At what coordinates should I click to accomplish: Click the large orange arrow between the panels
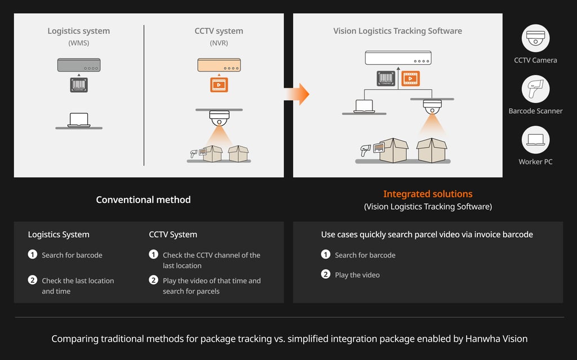[x=298, y=94]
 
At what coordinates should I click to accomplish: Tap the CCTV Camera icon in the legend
[x=535, y=38]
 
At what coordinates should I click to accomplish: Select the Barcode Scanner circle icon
[x=535, y=89]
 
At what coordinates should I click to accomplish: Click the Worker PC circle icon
[x=535, y=140]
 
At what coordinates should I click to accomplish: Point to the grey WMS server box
[x=79, y=65]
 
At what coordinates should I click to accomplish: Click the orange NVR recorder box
[x=219, y=65]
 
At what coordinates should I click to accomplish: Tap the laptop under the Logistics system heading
[x=79, y=120]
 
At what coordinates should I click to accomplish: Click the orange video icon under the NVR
[x=219, y=85]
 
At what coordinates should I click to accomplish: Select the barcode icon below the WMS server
[x=79, y=85]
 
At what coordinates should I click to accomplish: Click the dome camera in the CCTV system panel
[x=219, y=118]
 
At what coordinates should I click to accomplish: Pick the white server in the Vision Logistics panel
[x=398, y=58]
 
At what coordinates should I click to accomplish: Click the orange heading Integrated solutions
[x=428, y=194]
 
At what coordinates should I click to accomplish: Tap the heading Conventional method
[x=143, y=199]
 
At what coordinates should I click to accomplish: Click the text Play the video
[x=357, y=275]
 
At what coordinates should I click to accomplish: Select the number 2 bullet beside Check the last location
[x=32, y=280]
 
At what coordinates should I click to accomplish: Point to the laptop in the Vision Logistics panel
[x=365, y=106]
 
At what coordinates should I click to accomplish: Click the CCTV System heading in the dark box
[x=173, y=234]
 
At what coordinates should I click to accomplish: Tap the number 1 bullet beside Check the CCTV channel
[x=153, y=254]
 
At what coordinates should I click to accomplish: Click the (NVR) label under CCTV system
[x=219, y=43]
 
